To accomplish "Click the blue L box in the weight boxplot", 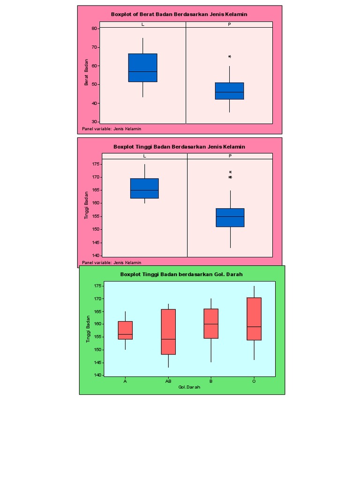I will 143,68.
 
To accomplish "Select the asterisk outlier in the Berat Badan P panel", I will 230,57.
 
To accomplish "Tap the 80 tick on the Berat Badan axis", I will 94,28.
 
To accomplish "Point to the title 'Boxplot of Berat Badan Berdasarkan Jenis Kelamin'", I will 179,14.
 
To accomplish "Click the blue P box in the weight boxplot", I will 229,91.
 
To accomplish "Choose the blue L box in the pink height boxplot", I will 144,188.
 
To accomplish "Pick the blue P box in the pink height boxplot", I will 230,217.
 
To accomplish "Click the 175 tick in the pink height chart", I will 96,164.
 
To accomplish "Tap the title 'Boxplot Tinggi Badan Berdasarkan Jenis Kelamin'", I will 179,147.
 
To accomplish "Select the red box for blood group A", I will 125,330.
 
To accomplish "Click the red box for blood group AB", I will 168,332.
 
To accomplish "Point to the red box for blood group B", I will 211,323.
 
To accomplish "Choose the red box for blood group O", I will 254,319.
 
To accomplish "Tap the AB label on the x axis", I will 168,382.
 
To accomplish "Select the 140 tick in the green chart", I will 97,375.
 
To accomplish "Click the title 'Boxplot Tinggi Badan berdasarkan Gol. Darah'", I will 181,274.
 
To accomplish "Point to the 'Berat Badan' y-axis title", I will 86,75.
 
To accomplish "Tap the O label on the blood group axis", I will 254,382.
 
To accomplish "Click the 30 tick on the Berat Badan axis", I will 94,122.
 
